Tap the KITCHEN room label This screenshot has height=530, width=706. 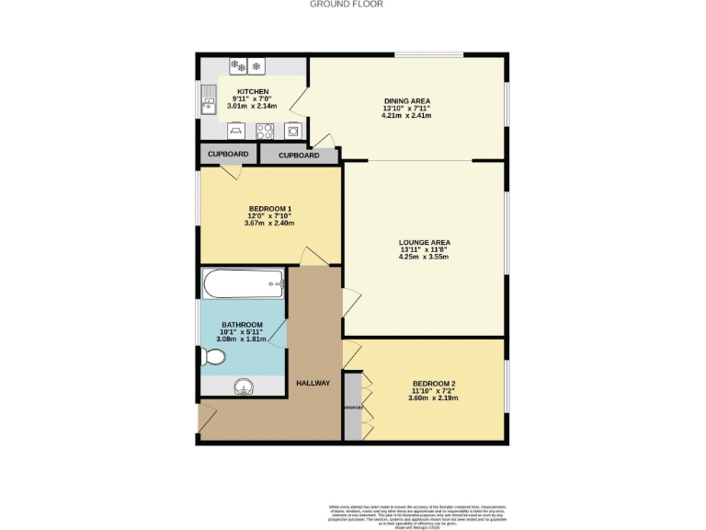(253, 92)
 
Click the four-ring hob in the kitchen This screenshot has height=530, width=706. (265, 130)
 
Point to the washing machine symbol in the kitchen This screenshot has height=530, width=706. (292, 130)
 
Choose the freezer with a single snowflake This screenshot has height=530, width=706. (256, 65)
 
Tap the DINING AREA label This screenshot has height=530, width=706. (406, 100)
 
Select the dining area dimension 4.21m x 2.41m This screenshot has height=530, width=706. (406, 116)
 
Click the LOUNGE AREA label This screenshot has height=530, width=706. (424, 242)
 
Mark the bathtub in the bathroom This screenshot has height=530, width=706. (245, 284)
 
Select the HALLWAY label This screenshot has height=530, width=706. (313, 383)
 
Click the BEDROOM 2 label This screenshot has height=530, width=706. (434, 383)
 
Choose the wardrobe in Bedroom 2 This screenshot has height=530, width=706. (353, 406)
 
